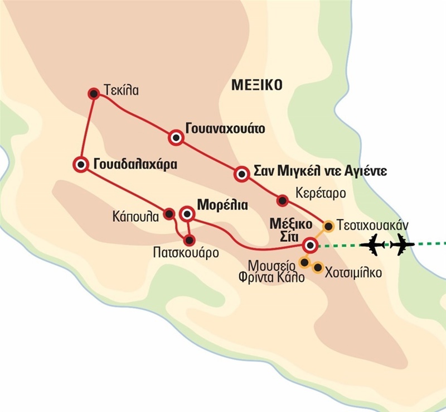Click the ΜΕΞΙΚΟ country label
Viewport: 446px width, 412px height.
tap(256, 85)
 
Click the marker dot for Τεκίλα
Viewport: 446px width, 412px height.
tap(94, 94)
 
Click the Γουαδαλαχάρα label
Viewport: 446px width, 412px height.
tap(135, 165)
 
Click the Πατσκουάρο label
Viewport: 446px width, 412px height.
tap(185, 252)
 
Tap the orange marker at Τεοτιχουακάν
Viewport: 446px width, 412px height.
tap(328, 226)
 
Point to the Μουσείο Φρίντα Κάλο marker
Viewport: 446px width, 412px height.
tap(304, 261)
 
